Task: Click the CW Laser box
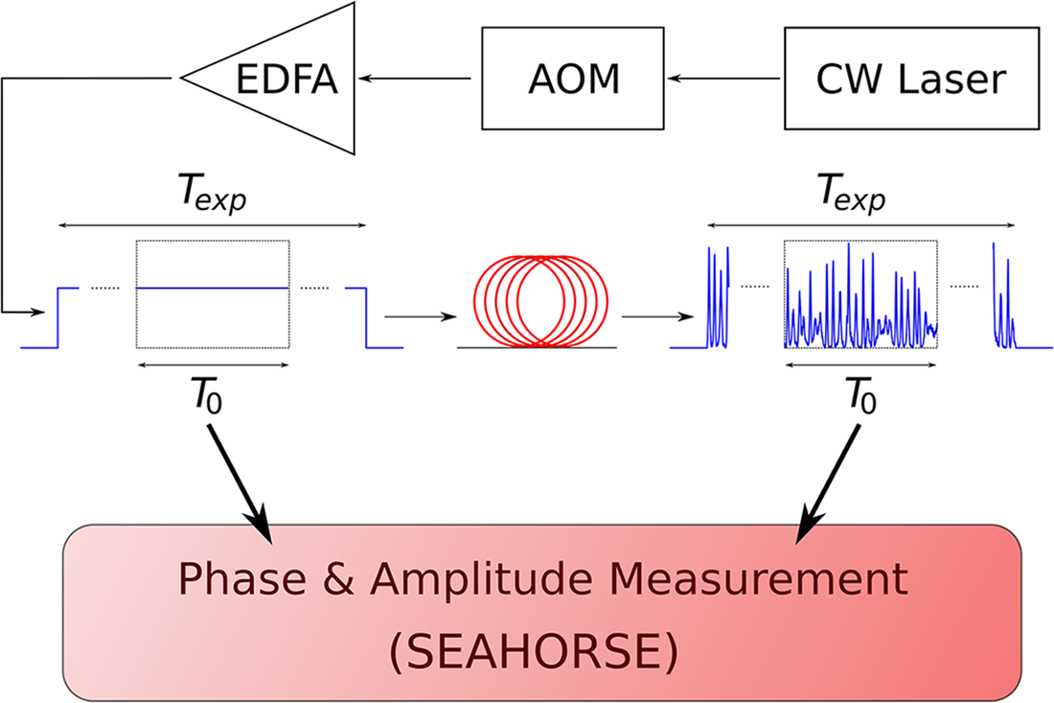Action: (910, 79)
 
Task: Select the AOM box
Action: (573, 79)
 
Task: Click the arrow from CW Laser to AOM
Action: (727, 79)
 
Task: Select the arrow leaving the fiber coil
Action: (657, 315)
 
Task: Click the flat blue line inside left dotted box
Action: (213, 288)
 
